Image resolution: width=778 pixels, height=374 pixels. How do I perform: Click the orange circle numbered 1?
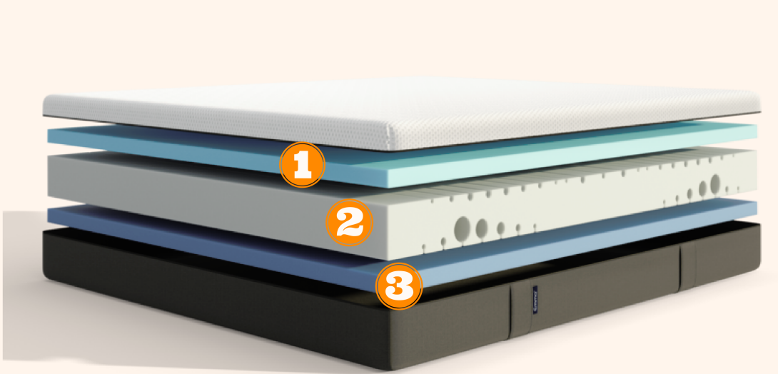(x=302, y=165)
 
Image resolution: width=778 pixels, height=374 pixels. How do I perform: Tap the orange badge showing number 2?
(x=349, y=223)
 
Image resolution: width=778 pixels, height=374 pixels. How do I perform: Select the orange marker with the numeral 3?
(x=399, y=286)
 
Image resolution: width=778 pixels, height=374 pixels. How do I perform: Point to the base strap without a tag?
(x=687, y=268)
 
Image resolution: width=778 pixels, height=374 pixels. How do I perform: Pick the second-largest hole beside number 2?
(x=482, y=228)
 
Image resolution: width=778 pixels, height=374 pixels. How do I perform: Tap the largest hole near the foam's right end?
(x=715, y=184)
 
